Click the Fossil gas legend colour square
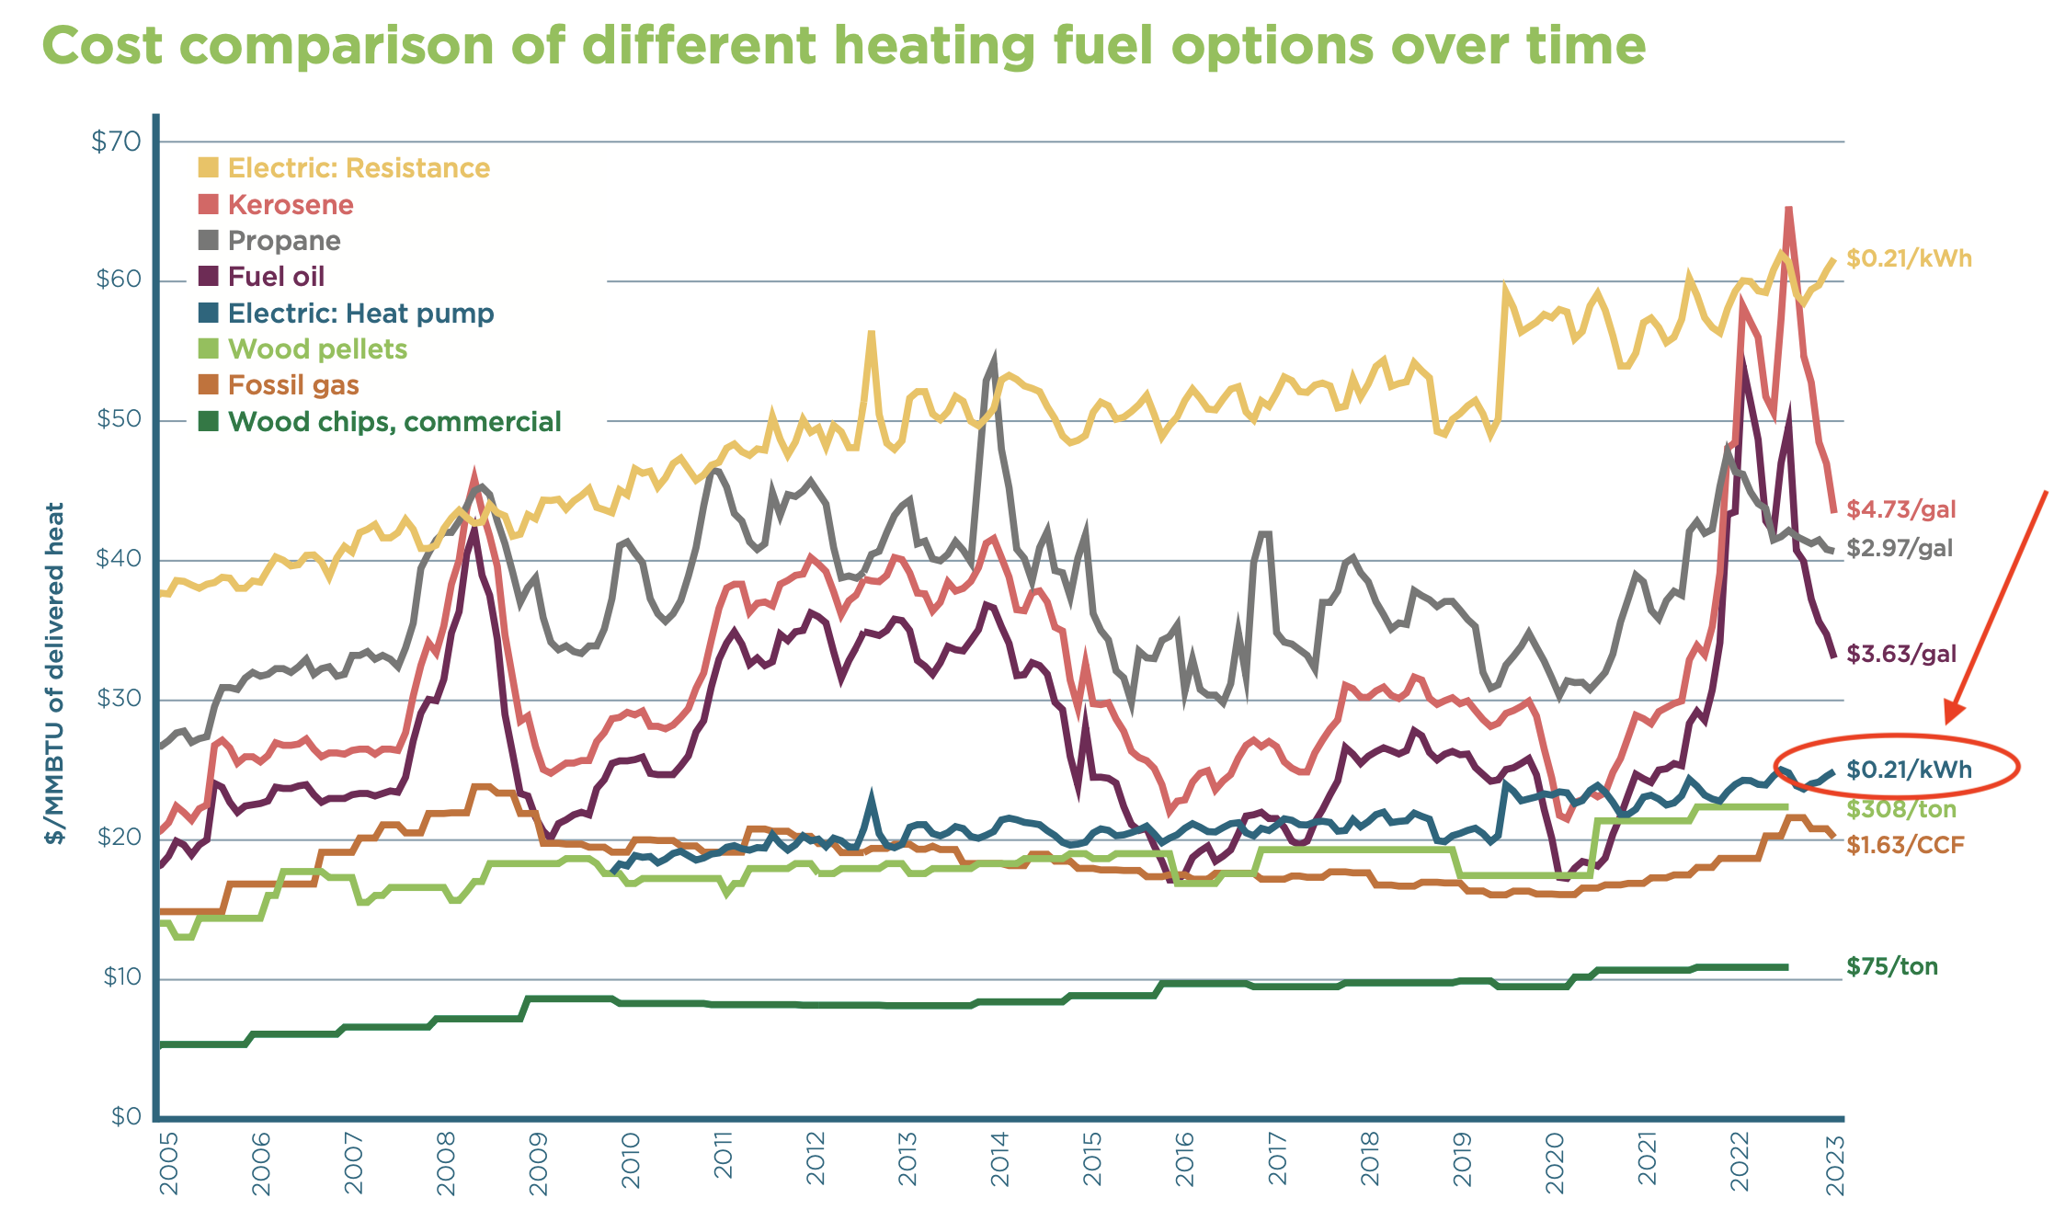click(209, 385)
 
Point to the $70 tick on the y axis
click(117, 142)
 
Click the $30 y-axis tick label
click(119, 699)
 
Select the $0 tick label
click(127, 1117)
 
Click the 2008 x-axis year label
click(446, 1163)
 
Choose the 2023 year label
click(1835, 1163)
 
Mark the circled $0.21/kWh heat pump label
click(1909, 770)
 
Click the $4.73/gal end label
click(1900, 509)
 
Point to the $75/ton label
click(1891, 966)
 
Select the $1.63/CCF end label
click(1904, 845)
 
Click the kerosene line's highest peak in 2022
click(1788, 210)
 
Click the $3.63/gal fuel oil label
click(1900, 655)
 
